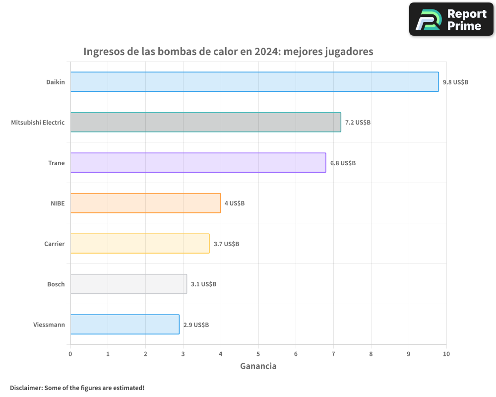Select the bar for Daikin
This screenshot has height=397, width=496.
254,82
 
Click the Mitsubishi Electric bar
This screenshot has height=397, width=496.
205,122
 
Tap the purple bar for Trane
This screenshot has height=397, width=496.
198,163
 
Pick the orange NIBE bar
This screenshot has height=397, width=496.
145,203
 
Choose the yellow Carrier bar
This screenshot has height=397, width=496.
140,243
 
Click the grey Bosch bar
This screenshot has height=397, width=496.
128,284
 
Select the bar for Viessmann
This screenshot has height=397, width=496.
124,324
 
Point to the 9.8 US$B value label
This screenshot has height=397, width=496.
455,82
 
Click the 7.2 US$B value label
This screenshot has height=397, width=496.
358,122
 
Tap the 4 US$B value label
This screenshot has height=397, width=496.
235,203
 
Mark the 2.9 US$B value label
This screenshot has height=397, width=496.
196,325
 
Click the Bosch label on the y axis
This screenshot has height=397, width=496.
56,284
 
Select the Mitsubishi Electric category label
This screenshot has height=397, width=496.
38,122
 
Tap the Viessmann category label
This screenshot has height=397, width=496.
49,325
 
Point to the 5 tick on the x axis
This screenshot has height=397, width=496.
258,354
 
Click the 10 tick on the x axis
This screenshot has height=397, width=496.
446,354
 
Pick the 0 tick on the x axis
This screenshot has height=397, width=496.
70,354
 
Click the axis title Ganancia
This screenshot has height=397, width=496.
258,366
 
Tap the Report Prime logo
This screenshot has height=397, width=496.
451,19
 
